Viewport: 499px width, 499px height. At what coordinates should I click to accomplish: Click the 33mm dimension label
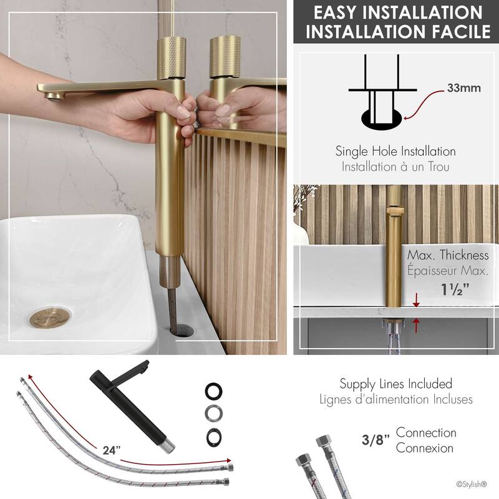[464, 87]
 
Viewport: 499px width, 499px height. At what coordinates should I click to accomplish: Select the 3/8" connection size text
[375, 442]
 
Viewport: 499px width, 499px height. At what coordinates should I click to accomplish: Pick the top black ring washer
[213, 392]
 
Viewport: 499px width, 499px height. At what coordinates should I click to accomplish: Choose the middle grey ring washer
[213, 413]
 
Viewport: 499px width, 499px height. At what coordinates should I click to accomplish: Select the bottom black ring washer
[213, 435]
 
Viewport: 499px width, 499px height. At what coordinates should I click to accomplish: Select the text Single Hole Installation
[395, 151]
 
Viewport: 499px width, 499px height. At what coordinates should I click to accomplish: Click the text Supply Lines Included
[395, 384]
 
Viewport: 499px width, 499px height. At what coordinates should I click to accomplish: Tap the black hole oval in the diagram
[382, 118]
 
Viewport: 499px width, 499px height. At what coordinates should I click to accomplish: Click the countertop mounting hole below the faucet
[181, 329]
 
